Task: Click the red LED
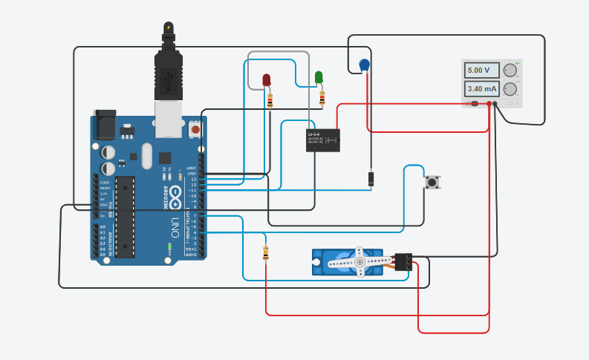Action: pyautogui.click(x=267, y=79)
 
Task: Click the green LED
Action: pyautogui.click(x=319, y=76)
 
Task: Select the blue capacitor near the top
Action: pyautogui.click(x=364, y=65)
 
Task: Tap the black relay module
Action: pyautogui.click(x=324, y=140)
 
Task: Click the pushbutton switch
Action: pyautogui.click(x=432, y=181)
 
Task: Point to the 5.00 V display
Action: pyautogui.click(x=479, y=70)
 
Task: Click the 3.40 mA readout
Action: pyautogui.click(x=479, y=89)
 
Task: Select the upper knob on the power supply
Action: pyautogui.click(x=510, y=71)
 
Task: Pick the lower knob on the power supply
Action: pyautogui.click(x=510, y=89)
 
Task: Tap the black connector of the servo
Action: pyautogui.click(x=403, y=262)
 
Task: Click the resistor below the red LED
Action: pyautogui.click(x=270, y=101)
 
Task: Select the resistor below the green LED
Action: pyautogui.click(x=322, y=98)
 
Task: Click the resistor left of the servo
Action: pyautogui.click(x=266, y=254)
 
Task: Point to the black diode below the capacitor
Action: pyautogui.click(x=370, y=179)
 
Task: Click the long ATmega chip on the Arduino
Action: pyautogui.click(x=126, y=216)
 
